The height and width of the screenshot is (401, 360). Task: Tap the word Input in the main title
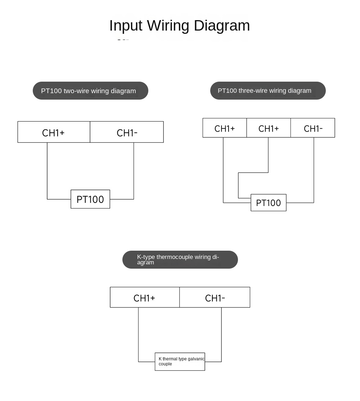coord(126,26)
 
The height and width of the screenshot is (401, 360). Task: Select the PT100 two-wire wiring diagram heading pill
coord(90,91)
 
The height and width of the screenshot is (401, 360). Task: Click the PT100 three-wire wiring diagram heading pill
coord(268,91)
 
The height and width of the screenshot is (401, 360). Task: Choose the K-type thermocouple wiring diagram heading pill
coord(180,260)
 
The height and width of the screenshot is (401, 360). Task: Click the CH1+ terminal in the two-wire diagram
coord(54,132)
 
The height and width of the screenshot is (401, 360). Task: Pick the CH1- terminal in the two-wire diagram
coord(127,132)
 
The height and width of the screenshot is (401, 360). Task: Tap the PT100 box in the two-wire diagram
coord(90,199)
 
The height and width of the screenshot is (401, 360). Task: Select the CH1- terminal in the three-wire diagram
coord(313,128)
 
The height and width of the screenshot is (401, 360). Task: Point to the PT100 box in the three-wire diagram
coord(269,202)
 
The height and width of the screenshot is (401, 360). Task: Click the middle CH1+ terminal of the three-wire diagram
coord(269,128)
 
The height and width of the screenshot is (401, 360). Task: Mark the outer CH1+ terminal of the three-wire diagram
coord(225,128)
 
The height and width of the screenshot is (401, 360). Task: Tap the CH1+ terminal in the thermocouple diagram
coord(145,297)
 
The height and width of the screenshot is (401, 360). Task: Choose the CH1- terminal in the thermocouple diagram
coord(215,297)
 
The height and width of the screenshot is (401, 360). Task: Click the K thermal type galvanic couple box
coord(180,361)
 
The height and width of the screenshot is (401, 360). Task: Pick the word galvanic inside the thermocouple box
coord(196,359)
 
